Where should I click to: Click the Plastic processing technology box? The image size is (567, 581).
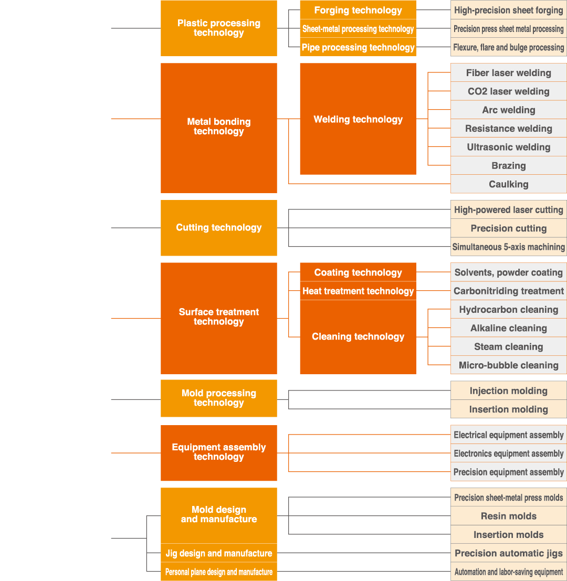[218, 28]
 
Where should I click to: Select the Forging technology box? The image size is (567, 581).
[358, 10]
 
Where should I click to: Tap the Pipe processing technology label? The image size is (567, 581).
[358, 47]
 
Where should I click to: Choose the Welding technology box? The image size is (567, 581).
[358, 119]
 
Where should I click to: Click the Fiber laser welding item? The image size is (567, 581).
[508, 73]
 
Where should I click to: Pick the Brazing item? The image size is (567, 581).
[508, 166]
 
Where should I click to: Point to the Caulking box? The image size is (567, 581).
[508, 184]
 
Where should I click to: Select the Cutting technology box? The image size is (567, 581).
[218, 228]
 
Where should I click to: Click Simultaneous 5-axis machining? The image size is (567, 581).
[508, 247]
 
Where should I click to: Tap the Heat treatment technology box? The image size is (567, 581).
[358, 291]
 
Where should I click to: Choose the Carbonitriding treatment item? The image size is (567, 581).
[508, 291]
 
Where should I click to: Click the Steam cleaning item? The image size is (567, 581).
[508, 347]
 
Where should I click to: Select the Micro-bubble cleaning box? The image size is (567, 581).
[508, 365]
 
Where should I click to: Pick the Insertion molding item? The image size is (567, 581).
[508, 409]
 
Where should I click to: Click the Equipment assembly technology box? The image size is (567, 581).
[218, 452]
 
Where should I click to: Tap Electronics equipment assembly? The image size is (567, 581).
[508, 453]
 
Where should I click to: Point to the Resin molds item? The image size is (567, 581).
[508, 516]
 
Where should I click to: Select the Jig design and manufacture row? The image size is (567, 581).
[218, 553]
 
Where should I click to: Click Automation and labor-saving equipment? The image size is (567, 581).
[508, 572]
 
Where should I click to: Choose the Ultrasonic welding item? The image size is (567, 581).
[508, 147]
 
